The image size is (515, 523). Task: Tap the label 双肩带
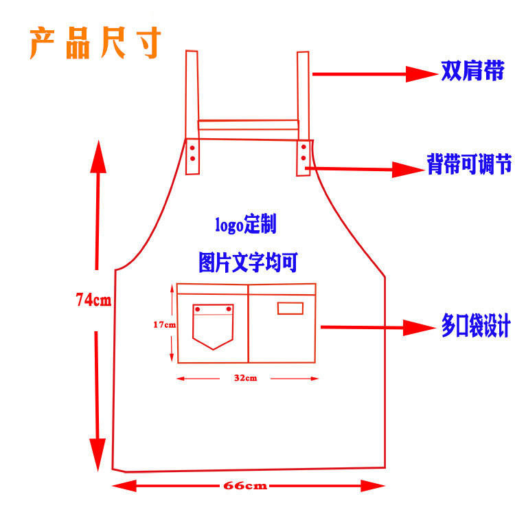(472, 71)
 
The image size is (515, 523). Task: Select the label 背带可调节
(469, 164)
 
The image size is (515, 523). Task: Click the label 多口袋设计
(475, 326)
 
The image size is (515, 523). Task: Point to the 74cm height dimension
(93, 300)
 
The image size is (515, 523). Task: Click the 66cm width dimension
(245, 486)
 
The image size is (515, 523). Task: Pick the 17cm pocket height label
(163, 324)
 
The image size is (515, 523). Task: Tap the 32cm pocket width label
(245, 378)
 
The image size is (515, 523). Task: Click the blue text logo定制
(245, 224)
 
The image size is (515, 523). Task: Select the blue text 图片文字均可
(248, 262)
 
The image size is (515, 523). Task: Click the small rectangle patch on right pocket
(290, 308)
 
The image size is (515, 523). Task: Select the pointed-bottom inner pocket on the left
(213, 326)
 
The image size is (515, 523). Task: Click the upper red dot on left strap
(193, 148)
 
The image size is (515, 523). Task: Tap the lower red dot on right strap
(304, 159)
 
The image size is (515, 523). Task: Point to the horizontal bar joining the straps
(248, 125)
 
